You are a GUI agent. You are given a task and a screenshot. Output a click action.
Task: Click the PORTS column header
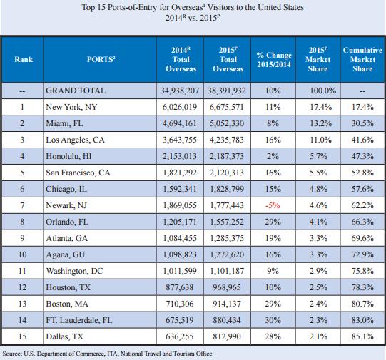click(101, 59)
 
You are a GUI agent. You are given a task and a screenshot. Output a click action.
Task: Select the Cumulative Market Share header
click(362, 59)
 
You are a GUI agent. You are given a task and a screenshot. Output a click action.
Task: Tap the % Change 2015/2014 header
click(274, 60)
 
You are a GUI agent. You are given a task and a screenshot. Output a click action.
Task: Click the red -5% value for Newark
click(273, 205)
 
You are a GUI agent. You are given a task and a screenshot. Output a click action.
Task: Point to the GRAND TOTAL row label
click(76, 91)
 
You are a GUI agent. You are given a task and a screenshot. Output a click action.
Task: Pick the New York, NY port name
click(71, 107)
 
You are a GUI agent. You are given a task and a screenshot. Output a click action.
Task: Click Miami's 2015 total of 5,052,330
click(227, 123)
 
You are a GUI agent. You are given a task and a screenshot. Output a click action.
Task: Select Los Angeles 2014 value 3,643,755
click(180, 140)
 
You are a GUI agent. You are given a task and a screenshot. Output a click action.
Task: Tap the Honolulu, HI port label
click(68, 156)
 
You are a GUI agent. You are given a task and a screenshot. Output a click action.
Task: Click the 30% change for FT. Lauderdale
click(273, 320)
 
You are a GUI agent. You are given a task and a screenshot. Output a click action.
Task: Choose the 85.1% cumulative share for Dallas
click(362, 336)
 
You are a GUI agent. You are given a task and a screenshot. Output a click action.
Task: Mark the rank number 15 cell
click(22, 336)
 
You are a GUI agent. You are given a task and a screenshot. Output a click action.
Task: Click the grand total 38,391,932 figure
click(227, 91)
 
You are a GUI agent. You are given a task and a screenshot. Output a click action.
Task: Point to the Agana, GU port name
click(65, 254)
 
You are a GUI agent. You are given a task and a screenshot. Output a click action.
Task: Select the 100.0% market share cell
click(322, 91)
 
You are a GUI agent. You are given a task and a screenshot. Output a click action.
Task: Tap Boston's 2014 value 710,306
click(180, 304)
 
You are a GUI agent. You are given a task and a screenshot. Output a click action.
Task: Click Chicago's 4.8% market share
click(318, 189)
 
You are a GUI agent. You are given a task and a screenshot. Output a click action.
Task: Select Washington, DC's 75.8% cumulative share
click(362, 271)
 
